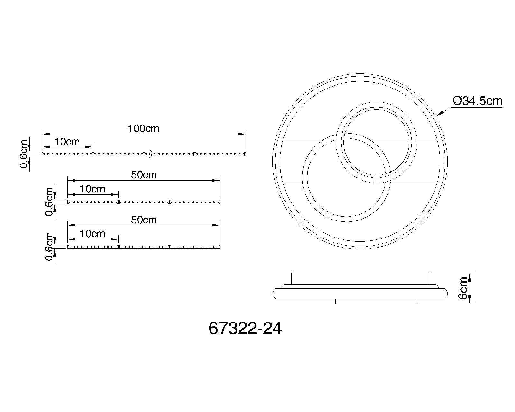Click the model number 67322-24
click(x=245, y=329)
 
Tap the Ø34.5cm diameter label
click(x=477, y=101)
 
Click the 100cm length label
click(x=143, y=128)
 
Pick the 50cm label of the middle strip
click(x=144, y=175)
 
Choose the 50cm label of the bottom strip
click(x=144, y=220)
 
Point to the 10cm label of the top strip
click(x=67, y=141)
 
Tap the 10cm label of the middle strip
click(x=92, y=189)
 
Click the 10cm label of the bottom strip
click(x=92, y=234)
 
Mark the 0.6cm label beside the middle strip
click(x=50, y=202)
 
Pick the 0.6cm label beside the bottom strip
click(x=50, y=247)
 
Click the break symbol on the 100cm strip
click(x=150, y=154)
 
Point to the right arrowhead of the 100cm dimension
click(x=241, y=134)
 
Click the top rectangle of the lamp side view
click(x=360, y=278)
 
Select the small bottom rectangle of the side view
click(x=376, y=301)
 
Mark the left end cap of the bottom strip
click(x=68, y=247)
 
